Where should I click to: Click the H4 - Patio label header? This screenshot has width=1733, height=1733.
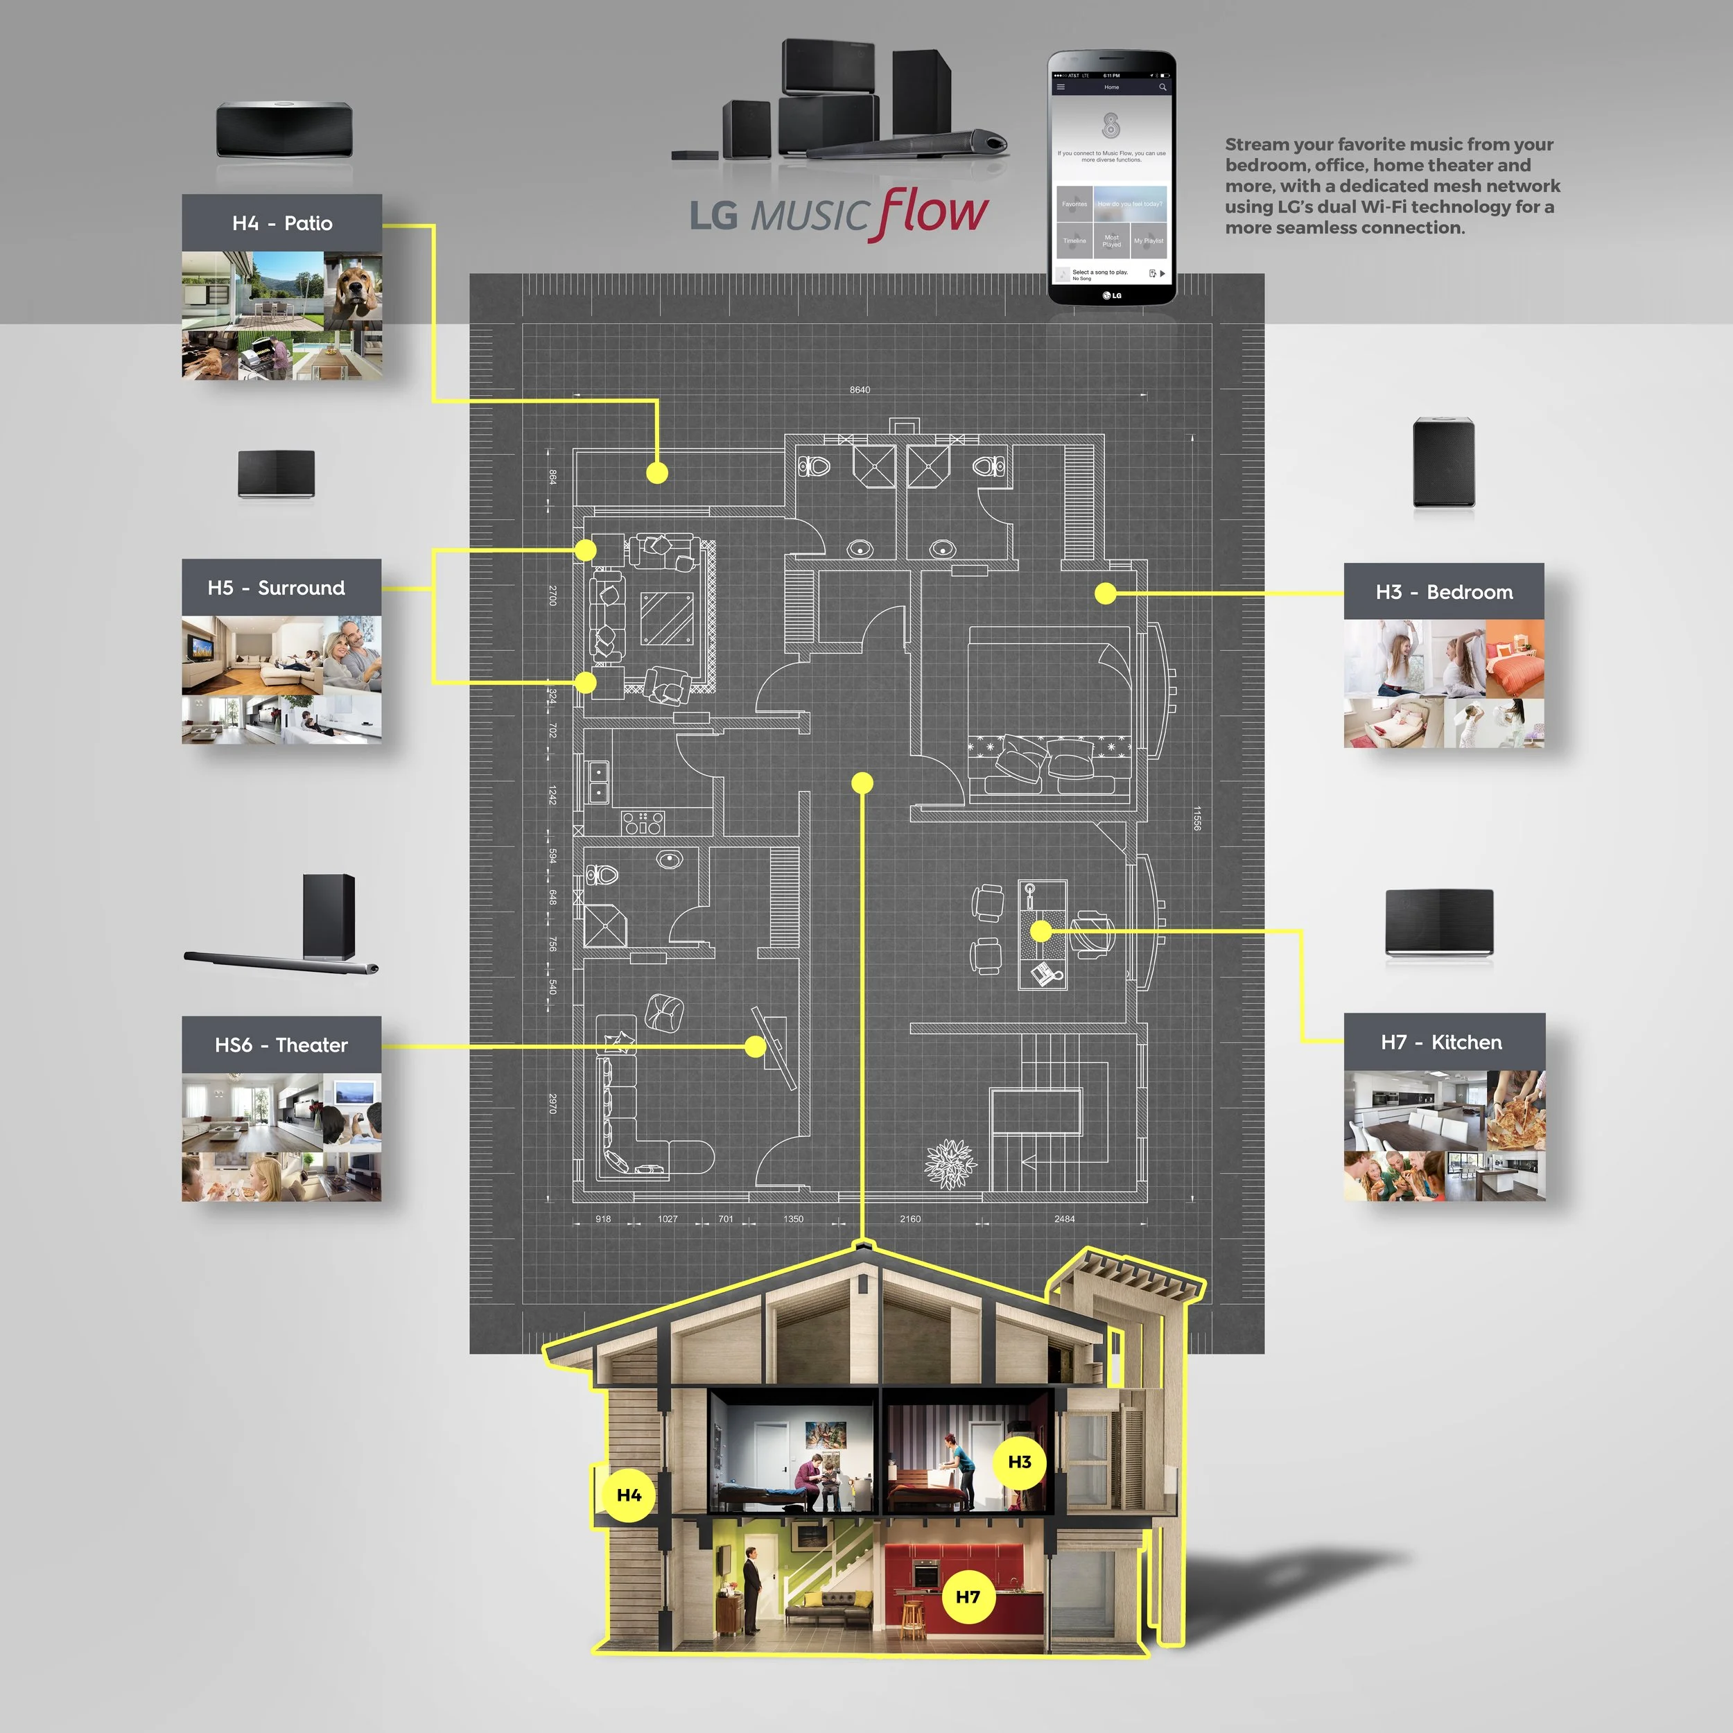coord(281,223)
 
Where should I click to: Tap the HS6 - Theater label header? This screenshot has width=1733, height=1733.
coord(281,1044)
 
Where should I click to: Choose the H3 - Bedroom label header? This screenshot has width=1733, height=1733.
coord(1443,592)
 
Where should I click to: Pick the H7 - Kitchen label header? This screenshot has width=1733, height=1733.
coord(1443,1041)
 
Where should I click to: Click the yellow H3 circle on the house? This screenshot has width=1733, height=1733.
coord(1020,1462)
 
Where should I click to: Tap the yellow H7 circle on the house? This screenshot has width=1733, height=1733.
coord(968,1596)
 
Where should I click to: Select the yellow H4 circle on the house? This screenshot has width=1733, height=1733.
coord(629,1495)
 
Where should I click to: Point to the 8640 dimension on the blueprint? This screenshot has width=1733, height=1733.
coord(860,390)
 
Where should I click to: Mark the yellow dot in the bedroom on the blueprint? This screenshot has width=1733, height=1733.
coord(1106,593)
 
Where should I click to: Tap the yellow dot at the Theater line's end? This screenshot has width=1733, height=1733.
coord(756,1046)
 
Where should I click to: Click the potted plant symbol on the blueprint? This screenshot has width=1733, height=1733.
coord(950,1163)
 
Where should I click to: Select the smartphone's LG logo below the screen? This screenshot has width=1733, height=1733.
coord(1113,295)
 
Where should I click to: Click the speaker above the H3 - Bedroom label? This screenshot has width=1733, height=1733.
coord(1443,462)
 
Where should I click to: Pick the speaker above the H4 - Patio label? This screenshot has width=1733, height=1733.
coord(284,131)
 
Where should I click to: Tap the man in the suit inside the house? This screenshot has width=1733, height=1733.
coord(751,1590)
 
